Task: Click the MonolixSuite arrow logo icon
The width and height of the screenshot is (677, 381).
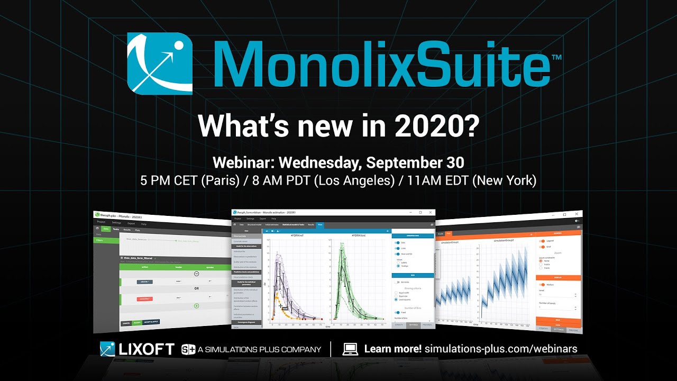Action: pos(160,64)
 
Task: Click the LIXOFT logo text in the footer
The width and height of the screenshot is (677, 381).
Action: pos(146,349)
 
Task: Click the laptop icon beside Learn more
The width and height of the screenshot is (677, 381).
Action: pos(350,349)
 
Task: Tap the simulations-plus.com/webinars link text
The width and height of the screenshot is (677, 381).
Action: pos(500,349)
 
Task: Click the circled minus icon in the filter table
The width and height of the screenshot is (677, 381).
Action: pos(196,274)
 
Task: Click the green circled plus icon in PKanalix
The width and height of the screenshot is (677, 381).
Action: pos(196,305)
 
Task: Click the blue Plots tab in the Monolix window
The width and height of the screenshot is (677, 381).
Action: pos(320,225)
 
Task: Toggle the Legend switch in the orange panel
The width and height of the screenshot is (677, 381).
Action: pos(542,241)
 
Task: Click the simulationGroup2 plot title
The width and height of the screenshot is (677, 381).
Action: pos(507,240)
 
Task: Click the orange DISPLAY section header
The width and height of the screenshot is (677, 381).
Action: pos(558,277)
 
